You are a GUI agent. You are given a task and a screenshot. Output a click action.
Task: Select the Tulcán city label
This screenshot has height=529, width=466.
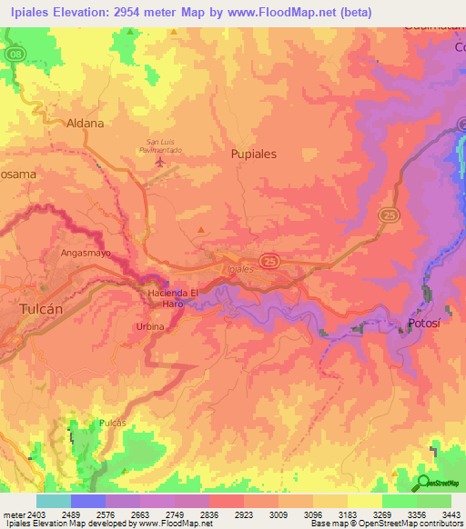40,309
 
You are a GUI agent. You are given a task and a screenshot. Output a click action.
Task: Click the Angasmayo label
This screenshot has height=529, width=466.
86,254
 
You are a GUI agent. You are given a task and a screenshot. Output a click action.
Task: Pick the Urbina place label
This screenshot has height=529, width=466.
150,326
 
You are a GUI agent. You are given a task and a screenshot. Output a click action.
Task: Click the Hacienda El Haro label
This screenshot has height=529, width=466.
173,298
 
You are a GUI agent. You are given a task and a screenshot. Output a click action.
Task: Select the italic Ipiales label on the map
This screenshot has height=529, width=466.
238,269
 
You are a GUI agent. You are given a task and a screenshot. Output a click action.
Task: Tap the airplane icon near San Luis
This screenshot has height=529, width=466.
162,163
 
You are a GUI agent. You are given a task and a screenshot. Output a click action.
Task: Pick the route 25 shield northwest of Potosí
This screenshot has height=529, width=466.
388,214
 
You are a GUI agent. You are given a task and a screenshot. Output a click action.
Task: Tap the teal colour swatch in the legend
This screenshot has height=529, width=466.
53,501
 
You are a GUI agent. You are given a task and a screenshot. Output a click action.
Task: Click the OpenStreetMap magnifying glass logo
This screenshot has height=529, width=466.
422,484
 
